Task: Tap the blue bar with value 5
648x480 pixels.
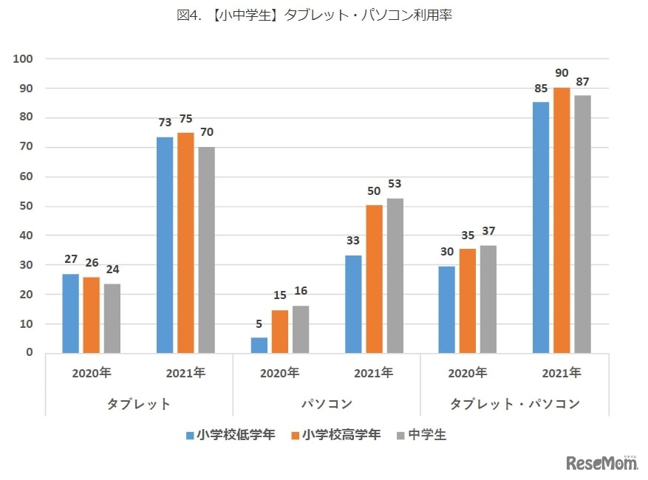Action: click(259, 345)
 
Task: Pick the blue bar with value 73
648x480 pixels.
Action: click(165, 244)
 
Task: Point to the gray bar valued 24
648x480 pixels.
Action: click(112, 318)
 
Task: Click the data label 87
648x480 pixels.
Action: click(582, 82)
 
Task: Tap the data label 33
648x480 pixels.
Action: click(352, 241)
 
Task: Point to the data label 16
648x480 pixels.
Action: click(300, 292)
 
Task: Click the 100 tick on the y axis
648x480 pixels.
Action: click(24, 58)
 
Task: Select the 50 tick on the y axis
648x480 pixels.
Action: click(27, 205)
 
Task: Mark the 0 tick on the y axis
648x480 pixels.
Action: click(30, 352)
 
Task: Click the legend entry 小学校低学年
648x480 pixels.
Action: click(230, 435)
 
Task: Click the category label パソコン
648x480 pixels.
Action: click(327, 404)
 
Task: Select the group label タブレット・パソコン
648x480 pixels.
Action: click(515, 404)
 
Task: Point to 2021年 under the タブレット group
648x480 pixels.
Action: click(185, 373)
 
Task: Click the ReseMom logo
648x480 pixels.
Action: click(602, 463)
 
